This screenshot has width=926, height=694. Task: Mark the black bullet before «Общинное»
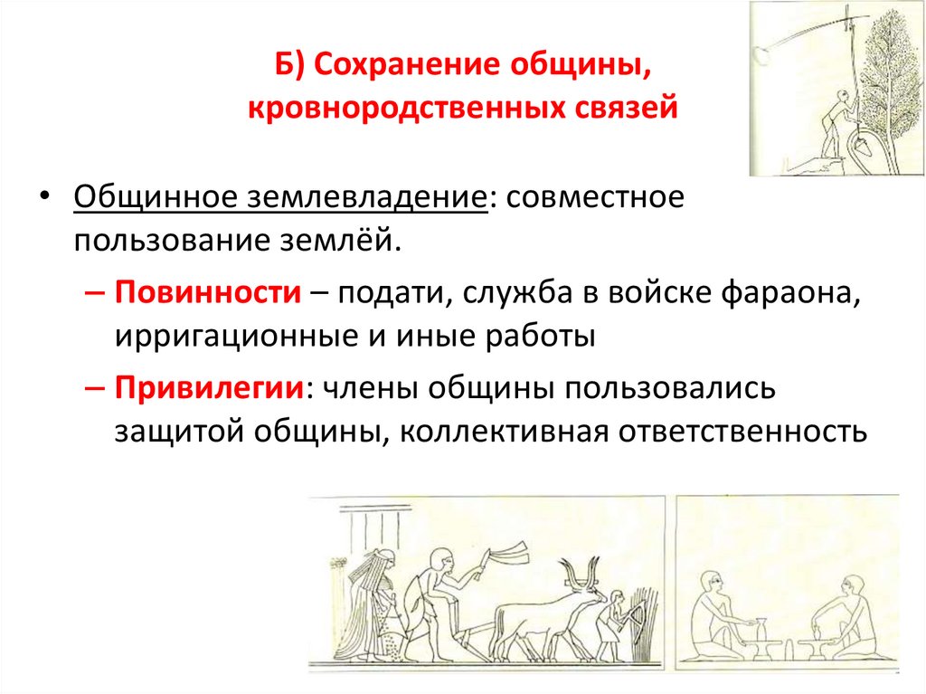43,198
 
